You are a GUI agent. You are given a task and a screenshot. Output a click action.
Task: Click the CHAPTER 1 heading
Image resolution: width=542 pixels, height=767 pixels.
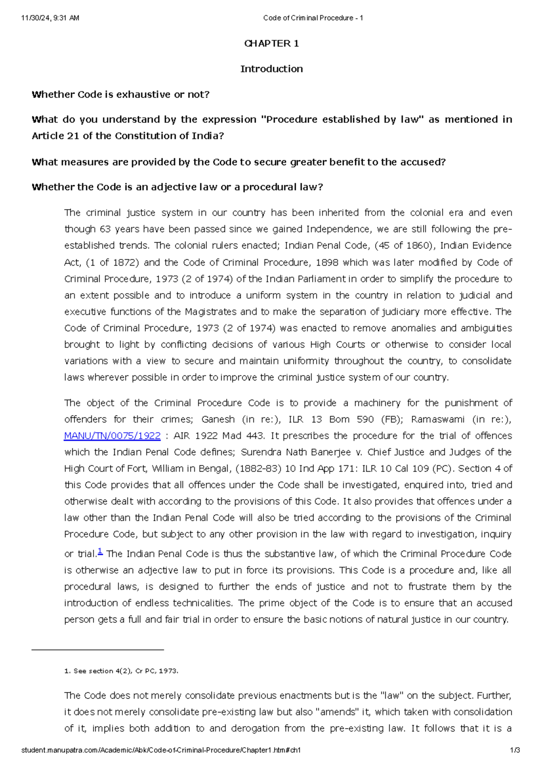[x=271, y=43]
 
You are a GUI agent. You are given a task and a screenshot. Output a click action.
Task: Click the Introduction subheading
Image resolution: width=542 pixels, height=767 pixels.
[x=271, y=69]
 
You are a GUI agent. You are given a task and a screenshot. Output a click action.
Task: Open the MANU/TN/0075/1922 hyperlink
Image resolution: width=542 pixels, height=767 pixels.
[x=112, y=436]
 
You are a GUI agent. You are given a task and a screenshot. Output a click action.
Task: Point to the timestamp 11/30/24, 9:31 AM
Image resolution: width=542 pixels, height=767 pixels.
[x=50, y=18]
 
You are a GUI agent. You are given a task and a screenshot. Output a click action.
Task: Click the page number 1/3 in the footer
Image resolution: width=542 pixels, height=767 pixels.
[x=515, y=750]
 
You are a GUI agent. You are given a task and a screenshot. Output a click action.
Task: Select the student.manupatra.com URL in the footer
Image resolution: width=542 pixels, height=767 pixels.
[x=161, y=750]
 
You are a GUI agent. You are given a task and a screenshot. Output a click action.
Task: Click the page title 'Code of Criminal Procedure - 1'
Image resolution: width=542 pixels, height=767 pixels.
[x=313, y=18]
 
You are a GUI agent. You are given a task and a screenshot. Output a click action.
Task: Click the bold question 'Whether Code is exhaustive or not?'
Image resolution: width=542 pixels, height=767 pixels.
[x=121, y=94]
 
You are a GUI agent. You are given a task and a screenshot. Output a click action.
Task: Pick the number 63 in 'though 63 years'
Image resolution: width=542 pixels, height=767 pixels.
[x=105, y=229]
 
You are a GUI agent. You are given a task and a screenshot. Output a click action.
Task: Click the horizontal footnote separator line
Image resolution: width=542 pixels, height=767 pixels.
[x=97, y=650]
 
